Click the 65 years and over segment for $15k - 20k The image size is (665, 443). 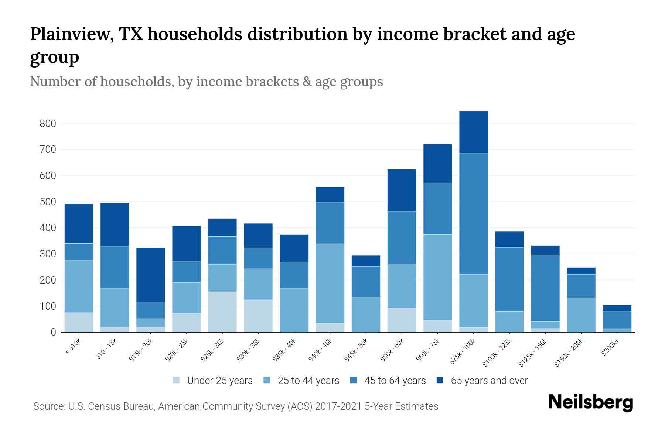pyautogui.click(x=151, y=275)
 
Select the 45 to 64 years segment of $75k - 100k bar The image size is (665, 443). pyautogui.click(x=474, y=214)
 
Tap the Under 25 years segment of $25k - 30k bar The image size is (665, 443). pyautogui.click(x=222, y=312)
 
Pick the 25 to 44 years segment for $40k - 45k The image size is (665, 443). pyautogui.click(x=330, y=283)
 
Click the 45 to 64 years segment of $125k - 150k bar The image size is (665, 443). pyautogui.click(x=545, y=288)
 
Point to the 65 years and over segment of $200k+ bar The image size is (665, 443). pyautogui.click(x=617, y=308)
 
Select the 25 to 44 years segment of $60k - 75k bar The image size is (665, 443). pyautogui.click(x=438, y=277)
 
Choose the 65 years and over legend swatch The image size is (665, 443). pyautogui.click(x=440, y=380)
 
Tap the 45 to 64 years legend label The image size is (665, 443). pyautogui.click(x=395, y=381)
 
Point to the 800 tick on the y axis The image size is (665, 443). pyautogui.click(x=48, y=124)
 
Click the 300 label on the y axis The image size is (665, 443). pyautogui.click(x=48, y=254)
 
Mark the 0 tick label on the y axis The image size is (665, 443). pyautogui.click(x=53, y=333)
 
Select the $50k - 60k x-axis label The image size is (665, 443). pyautogui.click(x=393, y=350)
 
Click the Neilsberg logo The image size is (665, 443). pyautogui.click(x=590, y=402)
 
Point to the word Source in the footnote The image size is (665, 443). pyautogui.click(x=48, y=406)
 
